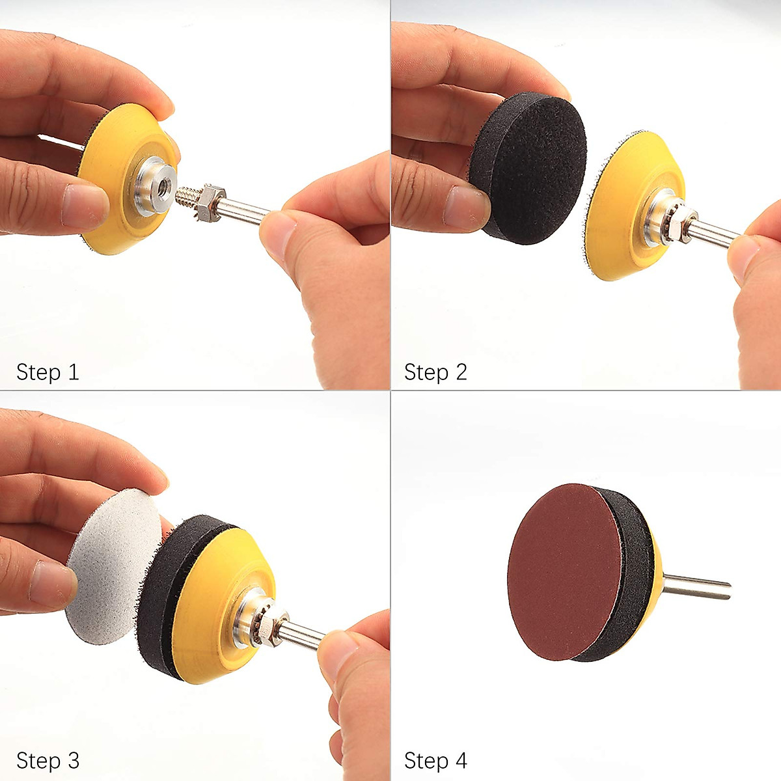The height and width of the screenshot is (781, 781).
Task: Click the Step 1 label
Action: tap(48, 372)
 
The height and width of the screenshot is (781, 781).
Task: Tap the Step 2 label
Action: tap(435, 372)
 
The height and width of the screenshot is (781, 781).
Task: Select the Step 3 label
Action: tap(48, 760)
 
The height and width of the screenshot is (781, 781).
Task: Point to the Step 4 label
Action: tap(435, 760)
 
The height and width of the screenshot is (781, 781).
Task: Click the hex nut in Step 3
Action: tap(267, 624)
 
